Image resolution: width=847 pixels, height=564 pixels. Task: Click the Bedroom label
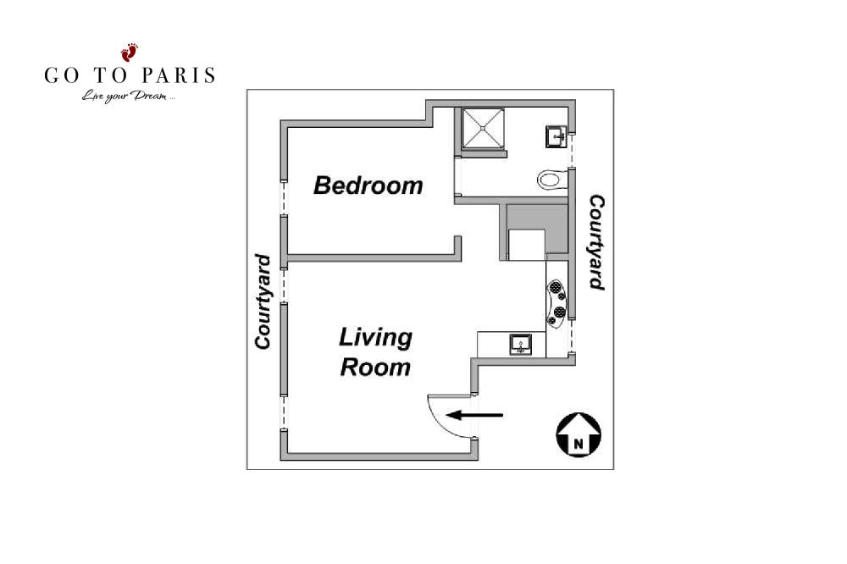pos(368,185)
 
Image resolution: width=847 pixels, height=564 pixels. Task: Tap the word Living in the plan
pos(375,338)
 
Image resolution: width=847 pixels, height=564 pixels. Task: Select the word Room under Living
pos(375,368)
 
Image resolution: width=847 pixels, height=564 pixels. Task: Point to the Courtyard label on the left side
pos(263,301)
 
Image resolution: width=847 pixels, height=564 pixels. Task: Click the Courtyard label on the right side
pos(596,242)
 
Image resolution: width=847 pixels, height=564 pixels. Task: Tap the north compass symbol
pos(579,435)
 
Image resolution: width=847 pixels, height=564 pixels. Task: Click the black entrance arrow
pos(474,416)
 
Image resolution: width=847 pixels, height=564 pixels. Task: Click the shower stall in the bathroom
pos(484,128)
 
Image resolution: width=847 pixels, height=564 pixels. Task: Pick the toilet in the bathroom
pos(551,180)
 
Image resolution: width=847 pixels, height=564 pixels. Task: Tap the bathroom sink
pos(556,136)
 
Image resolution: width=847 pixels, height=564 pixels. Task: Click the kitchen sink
pos(521,345)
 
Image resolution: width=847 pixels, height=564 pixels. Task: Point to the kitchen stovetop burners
pos(556,302)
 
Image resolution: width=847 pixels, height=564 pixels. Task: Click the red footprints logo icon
pos(129,53)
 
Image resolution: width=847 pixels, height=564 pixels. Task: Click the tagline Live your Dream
pos(128,97)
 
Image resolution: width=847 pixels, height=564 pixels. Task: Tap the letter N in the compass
pos(579,444)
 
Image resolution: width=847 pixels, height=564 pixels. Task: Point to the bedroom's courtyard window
pos(283,197)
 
